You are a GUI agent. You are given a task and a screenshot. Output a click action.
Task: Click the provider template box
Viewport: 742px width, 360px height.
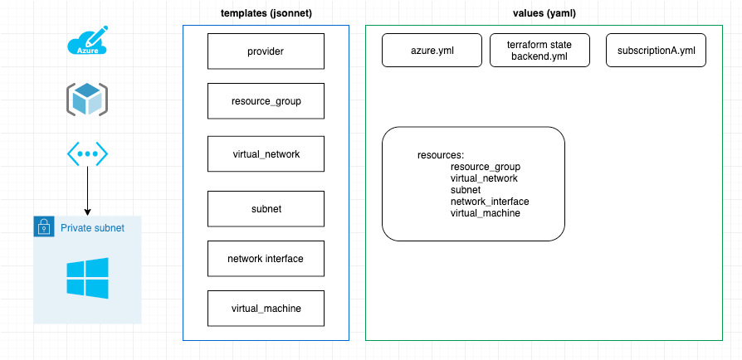(265, 51)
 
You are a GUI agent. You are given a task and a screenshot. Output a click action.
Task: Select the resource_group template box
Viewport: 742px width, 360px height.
(265, 102)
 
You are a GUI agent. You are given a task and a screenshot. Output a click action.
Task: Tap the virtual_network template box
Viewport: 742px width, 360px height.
(265, 153)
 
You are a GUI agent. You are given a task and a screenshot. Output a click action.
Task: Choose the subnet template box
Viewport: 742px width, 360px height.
(265, 208)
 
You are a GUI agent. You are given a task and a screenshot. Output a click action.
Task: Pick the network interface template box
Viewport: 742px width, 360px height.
(265, 258)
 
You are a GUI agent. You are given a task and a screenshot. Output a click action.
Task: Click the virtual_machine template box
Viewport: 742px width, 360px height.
(265, 309)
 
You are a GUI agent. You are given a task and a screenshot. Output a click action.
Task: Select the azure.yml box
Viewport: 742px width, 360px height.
(432, 51)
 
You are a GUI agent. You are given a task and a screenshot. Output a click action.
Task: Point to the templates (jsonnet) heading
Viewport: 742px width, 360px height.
(265, 14)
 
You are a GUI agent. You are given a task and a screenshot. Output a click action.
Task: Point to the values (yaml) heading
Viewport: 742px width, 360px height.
(544, 14)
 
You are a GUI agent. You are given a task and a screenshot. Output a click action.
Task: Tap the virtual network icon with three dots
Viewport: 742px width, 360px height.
(87, 154)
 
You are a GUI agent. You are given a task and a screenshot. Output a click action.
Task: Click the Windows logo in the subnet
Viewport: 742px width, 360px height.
(87, 277)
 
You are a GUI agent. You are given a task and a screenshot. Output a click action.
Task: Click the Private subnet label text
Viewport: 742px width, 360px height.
(92, 227)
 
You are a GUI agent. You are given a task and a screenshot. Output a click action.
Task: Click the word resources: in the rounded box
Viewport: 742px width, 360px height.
(440, 155)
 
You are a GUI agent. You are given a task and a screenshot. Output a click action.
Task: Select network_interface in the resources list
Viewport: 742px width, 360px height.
(490, 202)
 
